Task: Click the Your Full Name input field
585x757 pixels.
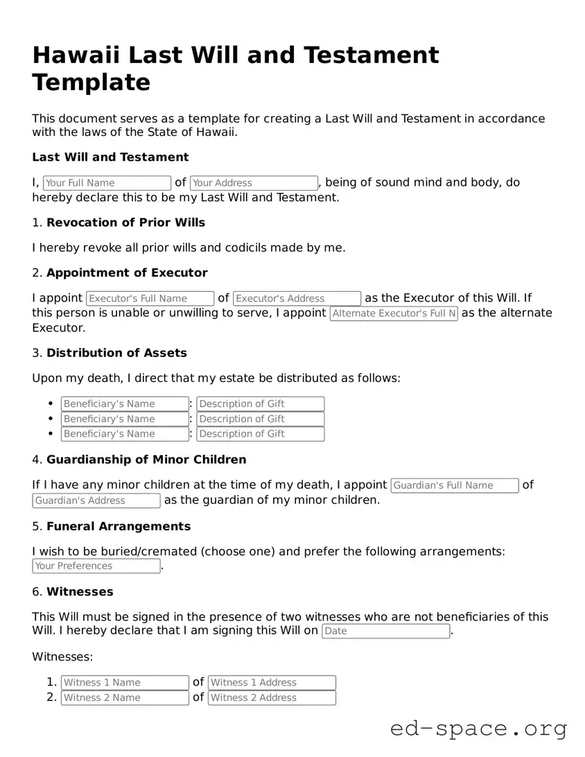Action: point(107,183)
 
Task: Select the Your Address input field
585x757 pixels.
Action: point(254,183)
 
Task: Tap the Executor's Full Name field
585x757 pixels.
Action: point(150,299)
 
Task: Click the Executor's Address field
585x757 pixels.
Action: point(297,299)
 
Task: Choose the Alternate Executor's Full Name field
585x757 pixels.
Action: point(393,314)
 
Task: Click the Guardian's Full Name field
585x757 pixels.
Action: point(454,486)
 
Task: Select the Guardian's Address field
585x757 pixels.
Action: point(96,501)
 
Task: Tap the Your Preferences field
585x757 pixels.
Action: point(96,566)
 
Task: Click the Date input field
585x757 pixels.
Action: point(385,632)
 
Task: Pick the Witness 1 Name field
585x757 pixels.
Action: point(125,683)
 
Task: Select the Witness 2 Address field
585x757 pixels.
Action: point(272,698)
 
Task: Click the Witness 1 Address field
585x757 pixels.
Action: point(272,683)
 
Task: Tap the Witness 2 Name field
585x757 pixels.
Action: point(125,698)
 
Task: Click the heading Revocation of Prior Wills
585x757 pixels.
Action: point(125,223)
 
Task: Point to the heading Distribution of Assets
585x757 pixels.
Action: point(116,353)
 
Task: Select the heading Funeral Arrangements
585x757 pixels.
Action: point(119,526)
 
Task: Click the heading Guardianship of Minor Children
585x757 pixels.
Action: point(146,460)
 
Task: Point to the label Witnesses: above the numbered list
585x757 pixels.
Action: point(62,656)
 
